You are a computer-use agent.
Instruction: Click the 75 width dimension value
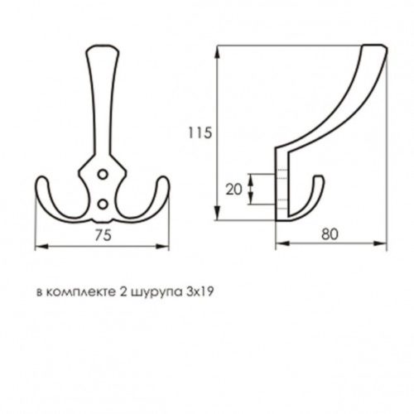(x=103, y=235)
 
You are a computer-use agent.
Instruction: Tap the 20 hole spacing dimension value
(x=233, y=190)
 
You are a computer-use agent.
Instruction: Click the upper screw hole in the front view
(x=103, y=175)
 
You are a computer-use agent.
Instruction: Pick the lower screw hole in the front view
(x=103, y=202)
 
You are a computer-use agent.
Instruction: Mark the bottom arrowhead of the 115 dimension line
(x=218, y=219)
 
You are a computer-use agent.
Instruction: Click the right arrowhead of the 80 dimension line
(x=385, y=243)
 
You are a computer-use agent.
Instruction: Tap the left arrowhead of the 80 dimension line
(x=277, y=243)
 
